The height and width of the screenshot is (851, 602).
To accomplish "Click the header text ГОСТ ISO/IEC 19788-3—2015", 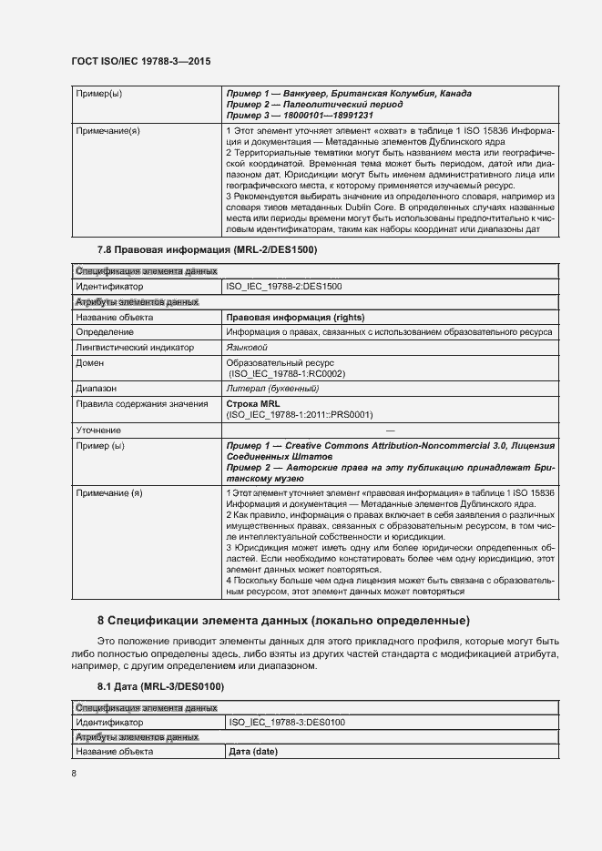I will pos(141,62).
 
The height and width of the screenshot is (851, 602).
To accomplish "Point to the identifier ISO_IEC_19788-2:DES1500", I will pos(283,287).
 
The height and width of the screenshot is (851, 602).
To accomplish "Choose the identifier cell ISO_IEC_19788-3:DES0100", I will pos(286,722).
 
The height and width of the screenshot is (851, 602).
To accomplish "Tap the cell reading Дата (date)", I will pos(253,752).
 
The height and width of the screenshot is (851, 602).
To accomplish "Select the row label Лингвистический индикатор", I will pos(134,347).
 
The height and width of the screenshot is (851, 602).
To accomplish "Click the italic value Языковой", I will pos(247,347).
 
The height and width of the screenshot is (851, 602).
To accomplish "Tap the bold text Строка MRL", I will pos(253,403).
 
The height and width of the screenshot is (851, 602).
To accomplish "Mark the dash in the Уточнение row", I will pos(391,430).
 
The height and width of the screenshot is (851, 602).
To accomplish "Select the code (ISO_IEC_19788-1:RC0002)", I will pos(287,373).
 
